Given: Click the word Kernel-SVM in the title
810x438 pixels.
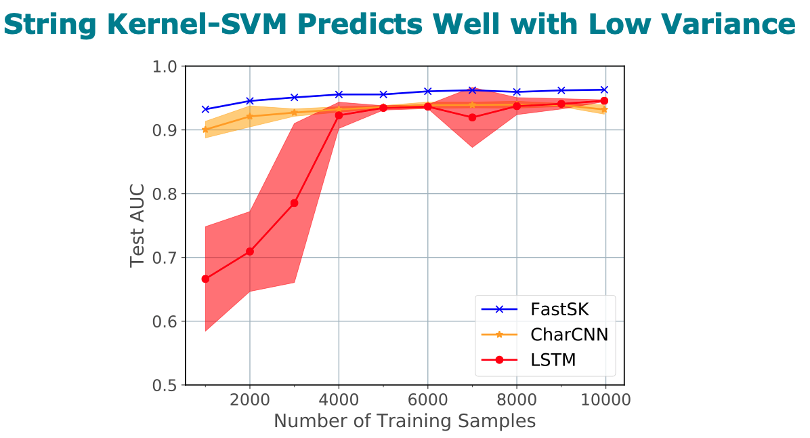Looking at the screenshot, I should [x=172, y=24].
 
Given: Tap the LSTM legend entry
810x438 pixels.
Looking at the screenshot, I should [x=553, y=360].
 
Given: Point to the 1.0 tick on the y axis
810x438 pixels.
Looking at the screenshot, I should [x=163, y=66].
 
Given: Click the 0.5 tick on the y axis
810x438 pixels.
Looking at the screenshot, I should [x=163, y=385].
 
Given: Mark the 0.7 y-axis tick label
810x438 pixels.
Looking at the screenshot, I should [x=163, y=258].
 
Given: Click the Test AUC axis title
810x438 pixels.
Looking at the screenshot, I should [x=137, y=225].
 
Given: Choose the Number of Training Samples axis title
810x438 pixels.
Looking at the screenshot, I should [x=404, y=421].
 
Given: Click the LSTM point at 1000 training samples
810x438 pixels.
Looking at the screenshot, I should [x=205, y=279].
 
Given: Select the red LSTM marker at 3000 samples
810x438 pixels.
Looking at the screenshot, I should [x=294, y=203].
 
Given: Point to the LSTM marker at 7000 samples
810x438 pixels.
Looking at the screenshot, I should [x=472, y=117].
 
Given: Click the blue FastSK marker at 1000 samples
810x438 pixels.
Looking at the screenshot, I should [x=205, y=109].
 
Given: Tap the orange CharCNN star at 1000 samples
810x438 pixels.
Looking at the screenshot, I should [x=205, y=130].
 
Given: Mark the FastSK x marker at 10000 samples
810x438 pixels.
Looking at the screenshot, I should [x=605, y=89].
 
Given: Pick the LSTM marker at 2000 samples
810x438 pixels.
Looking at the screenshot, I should [x=250, y=252].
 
